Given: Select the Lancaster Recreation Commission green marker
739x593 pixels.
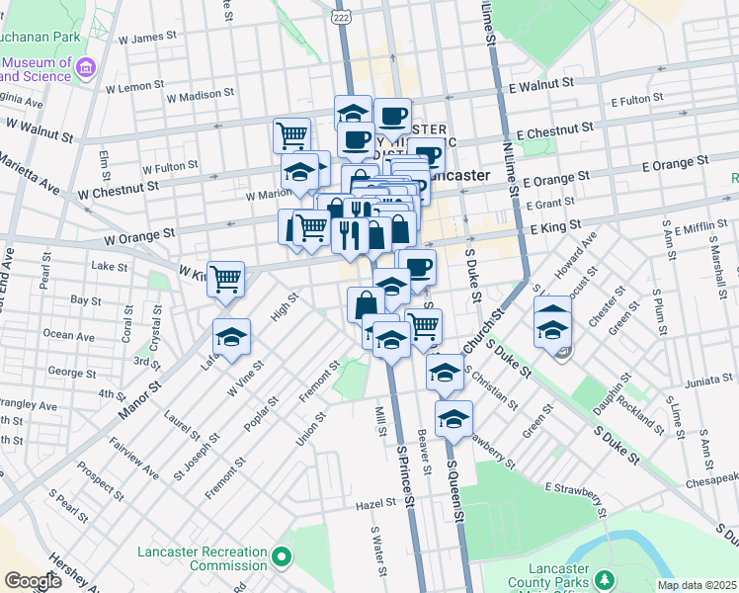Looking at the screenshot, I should coord(283,558).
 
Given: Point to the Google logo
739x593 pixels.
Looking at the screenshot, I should coord(33,581).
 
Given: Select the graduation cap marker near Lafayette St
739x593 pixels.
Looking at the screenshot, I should coord(231,339).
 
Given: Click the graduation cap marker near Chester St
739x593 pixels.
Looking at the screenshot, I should coord(552,327).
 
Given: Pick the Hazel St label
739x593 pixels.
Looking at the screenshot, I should coord(375,504).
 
